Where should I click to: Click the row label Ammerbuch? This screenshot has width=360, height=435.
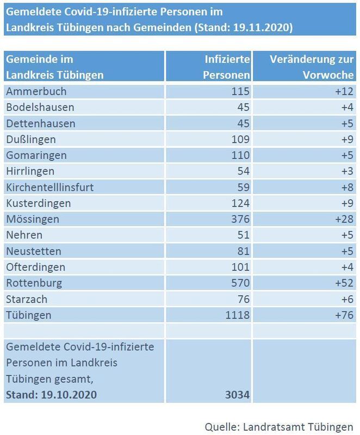(x=35, y=91)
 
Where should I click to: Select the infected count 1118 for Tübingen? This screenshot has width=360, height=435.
(x=238, y=315)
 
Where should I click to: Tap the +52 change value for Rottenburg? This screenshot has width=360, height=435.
(x=344, y=283)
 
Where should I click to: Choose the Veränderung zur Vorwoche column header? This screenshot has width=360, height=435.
(x=312, y=67)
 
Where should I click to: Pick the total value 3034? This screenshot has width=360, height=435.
(x=237, y=394)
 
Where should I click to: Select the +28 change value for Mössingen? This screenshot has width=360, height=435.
(x=344, y=219)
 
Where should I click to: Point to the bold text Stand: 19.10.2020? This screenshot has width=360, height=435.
(x=52, y=394)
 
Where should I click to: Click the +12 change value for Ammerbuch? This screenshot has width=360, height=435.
(x=344, y=91)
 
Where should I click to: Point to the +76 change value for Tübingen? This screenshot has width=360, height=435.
(x=344, y=315)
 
